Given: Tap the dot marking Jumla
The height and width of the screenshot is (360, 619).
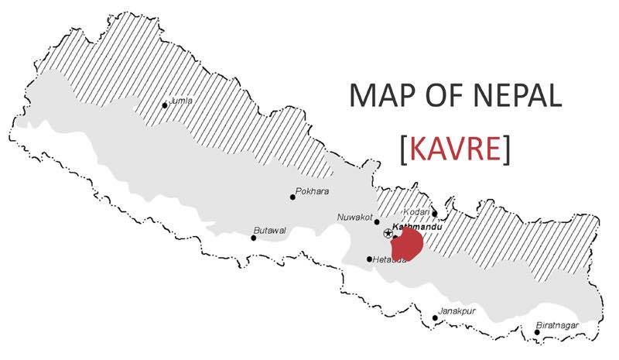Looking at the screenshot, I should [x=164, y=105].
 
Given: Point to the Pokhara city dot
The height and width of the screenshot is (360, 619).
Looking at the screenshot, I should [x=292, y=197].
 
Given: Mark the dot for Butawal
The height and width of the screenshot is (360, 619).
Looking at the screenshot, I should [x=253, y=238].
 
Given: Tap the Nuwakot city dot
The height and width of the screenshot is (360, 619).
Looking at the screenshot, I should [x=377, y=221].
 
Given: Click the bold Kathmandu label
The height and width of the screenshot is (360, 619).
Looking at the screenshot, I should [x=417, y=227].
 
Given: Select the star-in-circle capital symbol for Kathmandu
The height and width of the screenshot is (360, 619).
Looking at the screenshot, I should [x=388, y=232].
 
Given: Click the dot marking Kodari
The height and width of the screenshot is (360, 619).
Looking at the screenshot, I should [x=434, y=214].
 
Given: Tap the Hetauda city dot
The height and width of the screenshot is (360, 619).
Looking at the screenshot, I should [x=369, y=259].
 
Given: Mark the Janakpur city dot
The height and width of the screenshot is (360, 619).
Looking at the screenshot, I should [x=435, y=317].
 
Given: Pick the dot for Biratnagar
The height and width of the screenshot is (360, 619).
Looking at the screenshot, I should [x=537, y=333].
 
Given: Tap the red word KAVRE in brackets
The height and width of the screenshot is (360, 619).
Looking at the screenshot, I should [x=456, y=149].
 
